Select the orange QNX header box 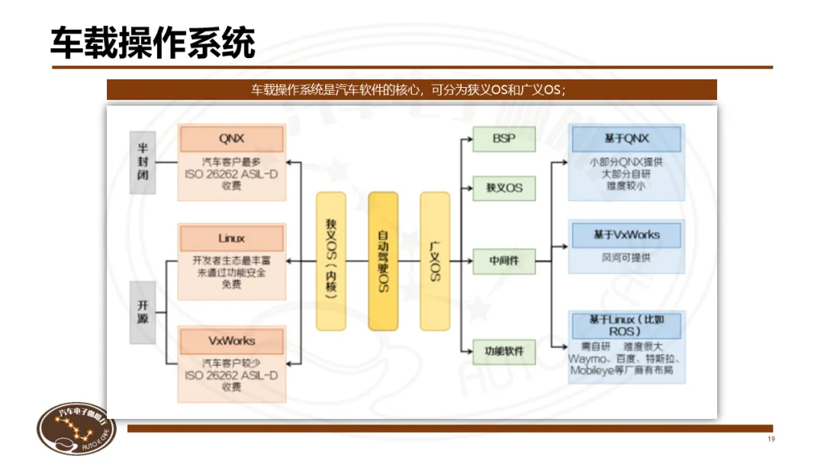231,139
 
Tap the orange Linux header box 231,239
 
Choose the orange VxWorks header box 231,340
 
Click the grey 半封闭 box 143,162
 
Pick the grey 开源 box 143,311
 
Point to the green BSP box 504,139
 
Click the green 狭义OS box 504,187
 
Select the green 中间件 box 504,261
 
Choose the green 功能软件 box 504,352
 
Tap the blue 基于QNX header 626,139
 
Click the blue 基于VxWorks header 626,235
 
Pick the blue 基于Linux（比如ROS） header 626,326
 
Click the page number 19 771,440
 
